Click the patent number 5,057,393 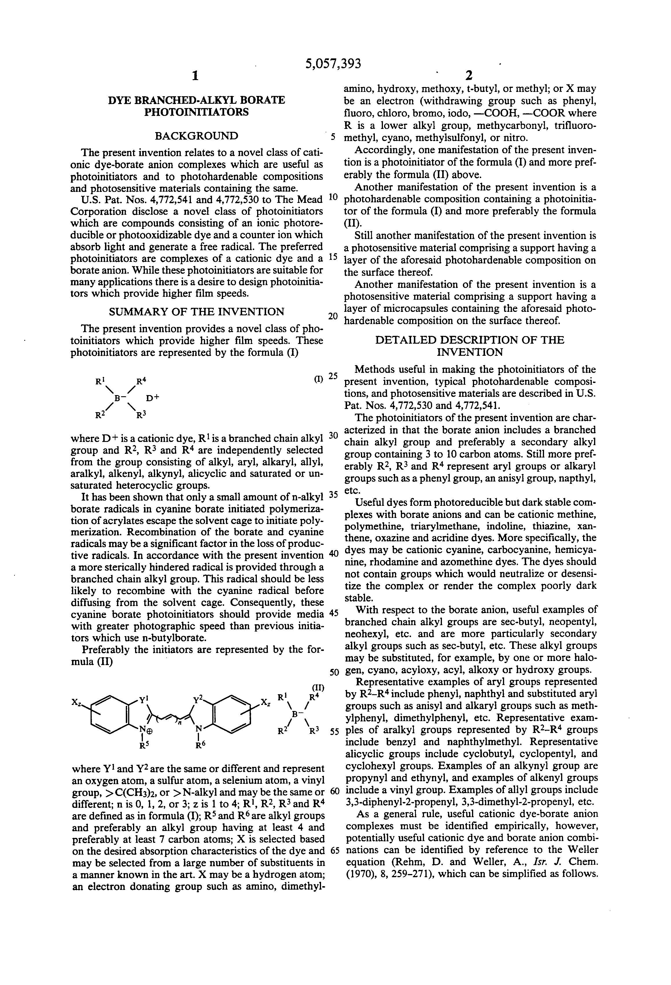coord(333,64)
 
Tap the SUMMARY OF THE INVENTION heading coord(196,312)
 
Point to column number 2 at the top coord(468,76)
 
